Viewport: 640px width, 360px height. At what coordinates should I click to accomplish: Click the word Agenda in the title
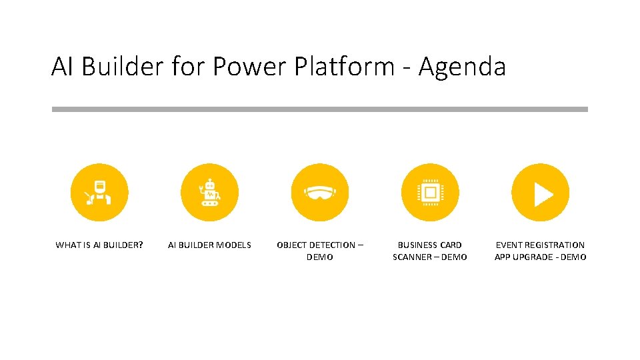461,67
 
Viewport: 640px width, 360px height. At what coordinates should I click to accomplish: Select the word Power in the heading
245,67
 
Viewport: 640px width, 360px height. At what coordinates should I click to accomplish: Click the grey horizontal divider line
320,109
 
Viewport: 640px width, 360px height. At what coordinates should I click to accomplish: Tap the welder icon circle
99,193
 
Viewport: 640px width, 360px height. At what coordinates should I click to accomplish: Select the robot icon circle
210,193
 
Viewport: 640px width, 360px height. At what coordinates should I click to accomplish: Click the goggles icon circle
320,193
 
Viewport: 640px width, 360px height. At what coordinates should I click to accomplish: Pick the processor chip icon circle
430,193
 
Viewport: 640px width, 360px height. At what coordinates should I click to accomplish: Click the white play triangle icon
543,193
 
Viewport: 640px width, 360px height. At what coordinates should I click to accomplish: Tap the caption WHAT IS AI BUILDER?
99,245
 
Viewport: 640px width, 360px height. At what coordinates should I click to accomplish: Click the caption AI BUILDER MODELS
210,245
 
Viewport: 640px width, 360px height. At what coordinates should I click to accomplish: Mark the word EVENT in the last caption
509,245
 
